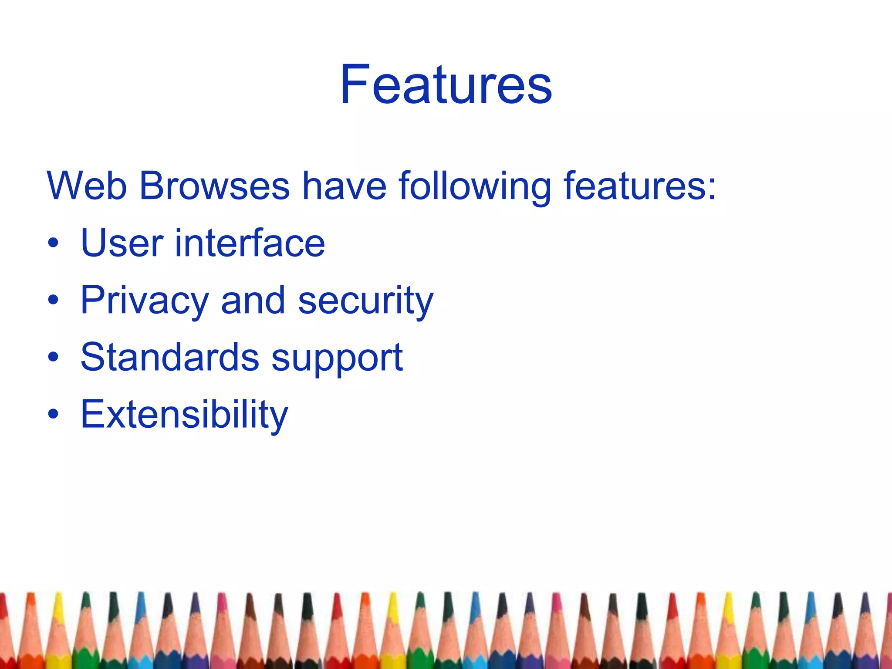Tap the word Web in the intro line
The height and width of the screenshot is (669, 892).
87,186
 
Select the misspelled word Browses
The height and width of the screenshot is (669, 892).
214,186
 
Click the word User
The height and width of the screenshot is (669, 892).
122,243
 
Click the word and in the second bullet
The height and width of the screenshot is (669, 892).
253,301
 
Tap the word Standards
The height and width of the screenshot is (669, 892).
170,358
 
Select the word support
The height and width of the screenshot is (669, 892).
337,359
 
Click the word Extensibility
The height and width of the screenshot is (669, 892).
184,415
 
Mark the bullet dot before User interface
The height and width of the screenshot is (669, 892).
53,244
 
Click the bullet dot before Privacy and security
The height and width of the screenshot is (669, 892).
53,301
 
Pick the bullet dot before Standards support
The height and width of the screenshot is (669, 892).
53,358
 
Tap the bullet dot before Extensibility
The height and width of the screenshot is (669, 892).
53,415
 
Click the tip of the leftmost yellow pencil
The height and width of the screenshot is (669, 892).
58,594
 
